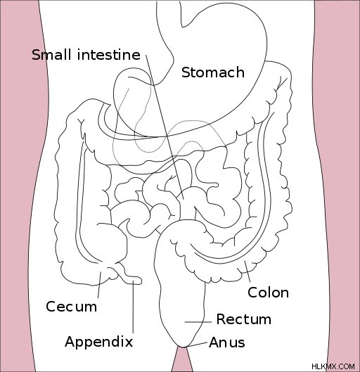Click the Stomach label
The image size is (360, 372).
click(x=213, y=72)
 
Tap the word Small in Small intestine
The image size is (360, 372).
click(x=51, y=55)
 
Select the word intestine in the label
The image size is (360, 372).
click(x=109, y=55)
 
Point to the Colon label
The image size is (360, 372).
click(x=268, y=293)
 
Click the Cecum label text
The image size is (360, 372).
click(x=72, y=307)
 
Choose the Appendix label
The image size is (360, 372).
click(x=98, y=342)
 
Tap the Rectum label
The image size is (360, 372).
click(x=244, y=319)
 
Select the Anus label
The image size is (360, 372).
click(x=227, y=342)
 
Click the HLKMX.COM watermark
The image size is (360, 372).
click(x=333, y=366)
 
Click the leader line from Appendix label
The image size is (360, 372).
click(x=133, y=307)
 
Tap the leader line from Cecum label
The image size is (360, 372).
click(x=99, y=285)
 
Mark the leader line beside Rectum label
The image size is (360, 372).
click(x=198, y=322)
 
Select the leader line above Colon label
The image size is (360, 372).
click(x=247, y=271)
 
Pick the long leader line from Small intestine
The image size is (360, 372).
click(x=165, y=127)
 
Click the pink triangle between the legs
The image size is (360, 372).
click(x=182, y=361)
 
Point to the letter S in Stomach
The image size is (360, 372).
click(x=186, y=72)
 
